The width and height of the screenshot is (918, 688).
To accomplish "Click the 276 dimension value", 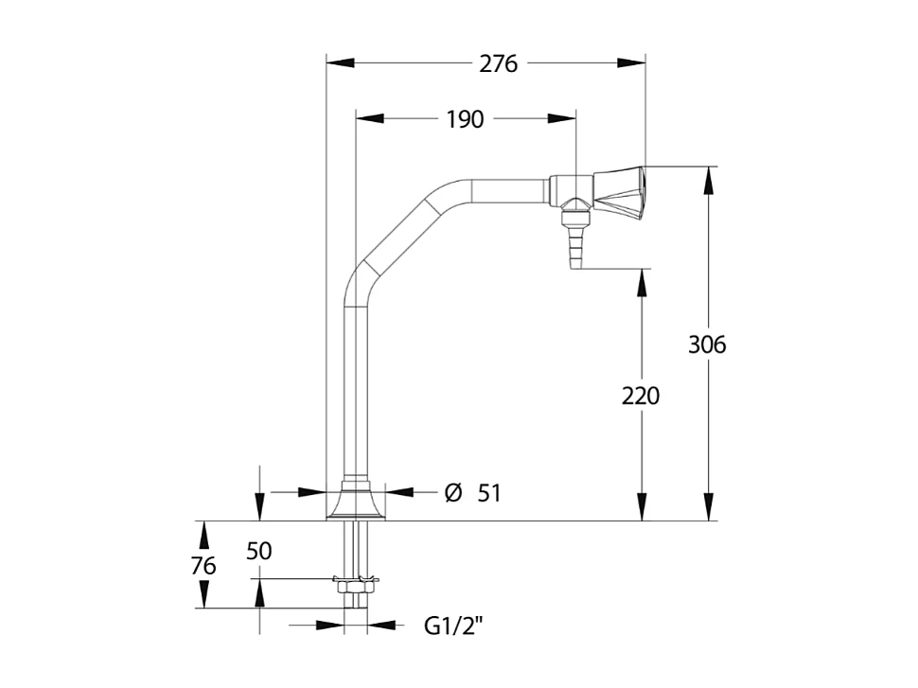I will point(498,64).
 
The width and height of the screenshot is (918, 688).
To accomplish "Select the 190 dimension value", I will point(464,119).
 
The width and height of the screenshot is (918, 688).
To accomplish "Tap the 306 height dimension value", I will point(707,344).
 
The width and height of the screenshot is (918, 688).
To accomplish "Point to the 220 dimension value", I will point(641,396).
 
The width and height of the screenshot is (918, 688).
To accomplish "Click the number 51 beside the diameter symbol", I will point(488,493).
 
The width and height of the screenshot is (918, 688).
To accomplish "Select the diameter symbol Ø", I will point(453,493).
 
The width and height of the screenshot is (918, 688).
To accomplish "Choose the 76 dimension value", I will point(203,566).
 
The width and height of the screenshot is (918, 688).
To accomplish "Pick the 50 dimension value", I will point(259,551).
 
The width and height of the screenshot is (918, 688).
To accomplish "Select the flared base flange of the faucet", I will point(355,502).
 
